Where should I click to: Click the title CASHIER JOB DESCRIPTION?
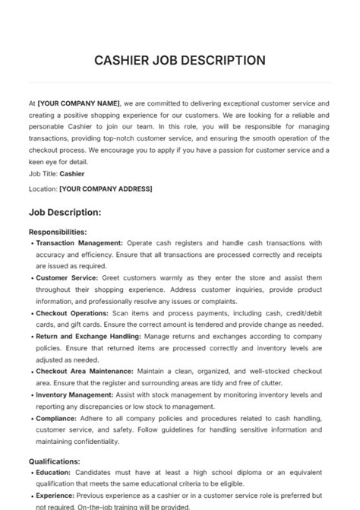179,60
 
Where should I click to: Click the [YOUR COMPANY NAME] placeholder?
79,103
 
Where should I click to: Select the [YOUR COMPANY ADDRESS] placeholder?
106,188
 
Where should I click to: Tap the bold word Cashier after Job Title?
72,173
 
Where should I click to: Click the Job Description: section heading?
65,212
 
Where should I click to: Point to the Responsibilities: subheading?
58,232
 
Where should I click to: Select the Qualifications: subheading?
55,461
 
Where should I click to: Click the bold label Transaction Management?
79,243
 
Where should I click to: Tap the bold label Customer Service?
67,278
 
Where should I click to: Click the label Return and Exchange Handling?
87,336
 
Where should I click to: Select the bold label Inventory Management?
74,395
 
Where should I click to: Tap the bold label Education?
54,472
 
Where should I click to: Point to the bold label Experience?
55,496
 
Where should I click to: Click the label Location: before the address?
43,188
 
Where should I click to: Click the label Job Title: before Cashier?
43,173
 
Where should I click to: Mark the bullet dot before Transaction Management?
32,244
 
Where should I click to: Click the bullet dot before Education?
32,473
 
